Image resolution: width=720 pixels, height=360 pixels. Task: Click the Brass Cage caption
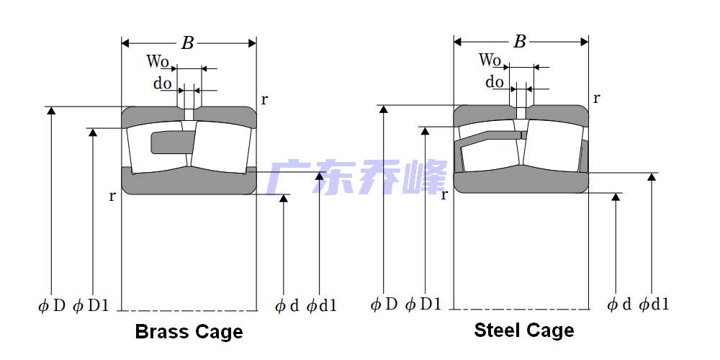tap(189, 332)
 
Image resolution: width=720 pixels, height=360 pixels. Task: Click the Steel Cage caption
tap(523, 330)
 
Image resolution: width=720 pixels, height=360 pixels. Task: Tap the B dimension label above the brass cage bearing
tap(187, 43)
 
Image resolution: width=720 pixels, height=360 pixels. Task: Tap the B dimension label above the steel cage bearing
tap(519, 42)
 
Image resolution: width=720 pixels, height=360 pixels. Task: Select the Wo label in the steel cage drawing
tap(490, 60)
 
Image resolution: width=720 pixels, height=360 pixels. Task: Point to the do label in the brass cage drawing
tap(162, 84)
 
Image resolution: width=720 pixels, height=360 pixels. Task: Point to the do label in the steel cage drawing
tap(495, 82)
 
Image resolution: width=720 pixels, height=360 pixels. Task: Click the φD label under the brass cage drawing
tap(52, 306)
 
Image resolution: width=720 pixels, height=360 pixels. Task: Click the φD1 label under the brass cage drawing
tap(91, 306)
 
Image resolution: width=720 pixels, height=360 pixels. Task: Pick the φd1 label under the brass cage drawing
tap(321, 306)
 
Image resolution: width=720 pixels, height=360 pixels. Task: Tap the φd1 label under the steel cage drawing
tap(654, 305)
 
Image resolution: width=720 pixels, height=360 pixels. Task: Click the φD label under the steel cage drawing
tap(384, 305)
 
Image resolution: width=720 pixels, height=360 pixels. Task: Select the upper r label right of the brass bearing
tap(264, 99)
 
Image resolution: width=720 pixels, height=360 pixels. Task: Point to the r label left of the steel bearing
tap(444, 194)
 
